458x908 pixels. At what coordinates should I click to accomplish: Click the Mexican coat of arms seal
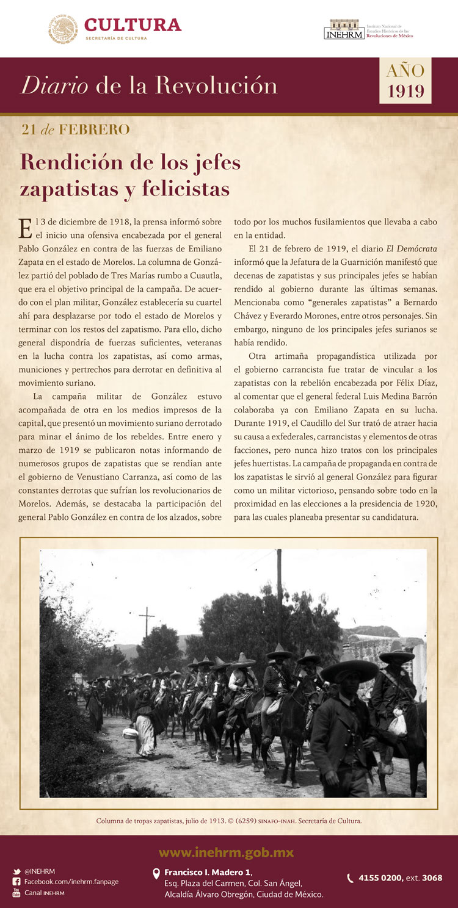63,29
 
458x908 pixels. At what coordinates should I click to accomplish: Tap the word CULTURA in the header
133,25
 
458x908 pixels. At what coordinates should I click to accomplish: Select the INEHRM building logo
344,29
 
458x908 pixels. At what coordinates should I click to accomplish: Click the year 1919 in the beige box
405,91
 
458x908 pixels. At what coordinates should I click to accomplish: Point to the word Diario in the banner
55,85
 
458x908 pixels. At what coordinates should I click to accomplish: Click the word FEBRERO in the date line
94,129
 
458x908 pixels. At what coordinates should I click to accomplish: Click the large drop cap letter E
26,228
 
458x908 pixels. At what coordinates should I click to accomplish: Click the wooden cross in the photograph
147,622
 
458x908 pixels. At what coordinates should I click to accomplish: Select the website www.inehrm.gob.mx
226,852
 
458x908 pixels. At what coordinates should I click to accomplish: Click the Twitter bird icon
16,871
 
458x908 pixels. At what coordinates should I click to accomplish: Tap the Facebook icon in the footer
16,882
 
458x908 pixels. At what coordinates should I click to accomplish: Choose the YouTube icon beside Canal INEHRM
16,893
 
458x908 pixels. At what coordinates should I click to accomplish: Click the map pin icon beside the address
156,874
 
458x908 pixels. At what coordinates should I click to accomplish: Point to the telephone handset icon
350,878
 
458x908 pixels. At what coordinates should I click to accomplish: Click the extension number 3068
432,878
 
